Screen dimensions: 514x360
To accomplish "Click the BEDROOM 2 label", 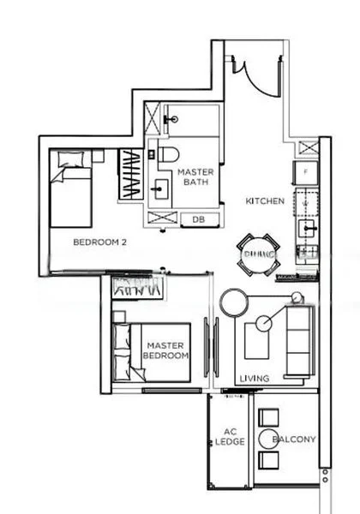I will [x=99, y=242].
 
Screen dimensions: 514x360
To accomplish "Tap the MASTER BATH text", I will [x=195, y=177].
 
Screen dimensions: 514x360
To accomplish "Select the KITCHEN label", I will [x=265, y=201].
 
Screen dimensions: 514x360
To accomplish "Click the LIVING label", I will [x=255, y=378].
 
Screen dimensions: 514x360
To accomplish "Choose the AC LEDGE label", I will [x=230, y=436].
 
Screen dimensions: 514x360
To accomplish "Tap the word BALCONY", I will [x=294, y=439].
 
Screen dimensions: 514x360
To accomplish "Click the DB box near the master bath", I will [x=199, y=219].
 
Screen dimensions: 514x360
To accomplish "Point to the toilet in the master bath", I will [x=167, y=154].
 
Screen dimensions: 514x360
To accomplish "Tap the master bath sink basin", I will [x=159, y=187].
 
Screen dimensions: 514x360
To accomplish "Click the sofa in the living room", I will [x=300, y=340].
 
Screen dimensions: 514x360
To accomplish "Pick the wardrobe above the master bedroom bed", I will [x=137, y=289].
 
